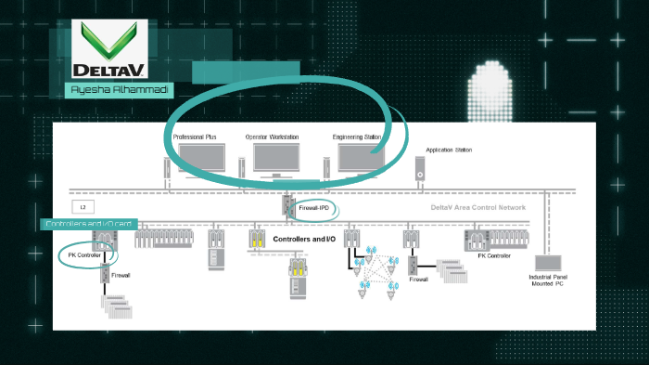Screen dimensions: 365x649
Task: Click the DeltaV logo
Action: coord(108,50)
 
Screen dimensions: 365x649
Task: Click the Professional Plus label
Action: coord(194,137)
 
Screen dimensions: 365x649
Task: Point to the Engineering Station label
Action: coord(357,137)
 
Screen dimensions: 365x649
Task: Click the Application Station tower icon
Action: coord(420,168)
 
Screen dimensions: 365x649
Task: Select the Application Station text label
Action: coord(447,150)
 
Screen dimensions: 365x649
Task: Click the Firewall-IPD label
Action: coord(314,209)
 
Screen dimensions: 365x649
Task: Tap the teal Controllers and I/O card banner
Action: coord(90,224)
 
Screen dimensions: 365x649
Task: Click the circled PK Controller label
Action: coord(84,254)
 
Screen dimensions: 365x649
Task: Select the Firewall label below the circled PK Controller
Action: coord(121,276)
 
